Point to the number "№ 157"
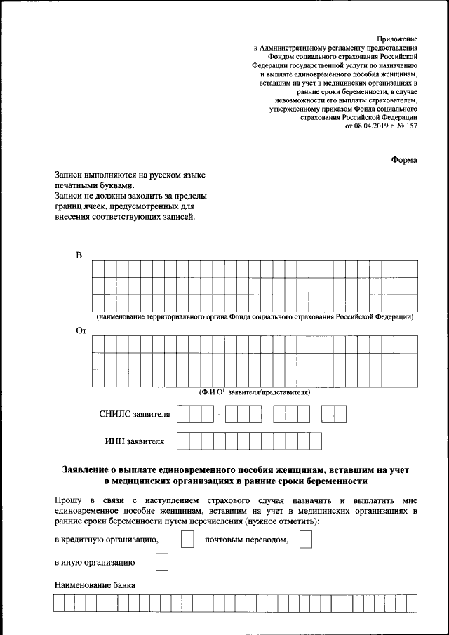[407, 126]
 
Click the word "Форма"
[404, 160]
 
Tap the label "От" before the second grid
[81, 330]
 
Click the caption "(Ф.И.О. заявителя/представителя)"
[255, 392]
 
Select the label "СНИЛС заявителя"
[135, 415]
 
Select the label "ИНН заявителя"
[135, 441]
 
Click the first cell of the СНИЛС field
[183, 415]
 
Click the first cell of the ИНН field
[183, 441]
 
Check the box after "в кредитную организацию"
[187, 540]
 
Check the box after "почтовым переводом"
[305, 540]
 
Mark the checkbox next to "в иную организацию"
[161, 563]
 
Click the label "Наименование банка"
[95, 585]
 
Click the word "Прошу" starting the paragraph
[67, 500]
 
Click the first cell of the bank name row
[60, 603]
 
